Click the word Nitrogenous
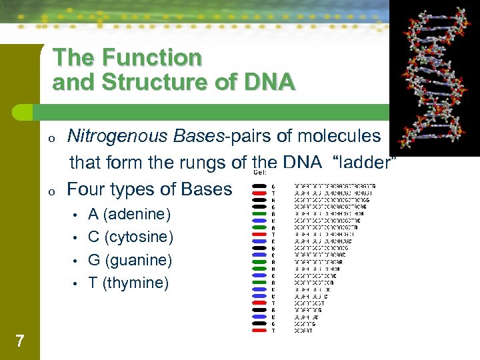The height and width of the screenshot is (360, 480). tap(119, 136)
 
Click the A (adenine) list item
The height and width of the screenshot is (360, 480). tap(129, 215)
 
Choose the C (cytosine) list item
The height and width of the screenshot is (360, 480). tap(131, 237)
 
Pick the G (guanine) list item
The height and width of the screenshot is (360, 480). tap(130, 260)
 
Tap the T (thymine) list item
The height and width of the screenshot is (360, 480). tap(129, 283)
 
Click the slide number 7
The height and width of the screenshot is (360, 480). tap(19, 341)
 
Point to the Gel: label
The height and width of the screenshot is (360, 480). tap(260, 172)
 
